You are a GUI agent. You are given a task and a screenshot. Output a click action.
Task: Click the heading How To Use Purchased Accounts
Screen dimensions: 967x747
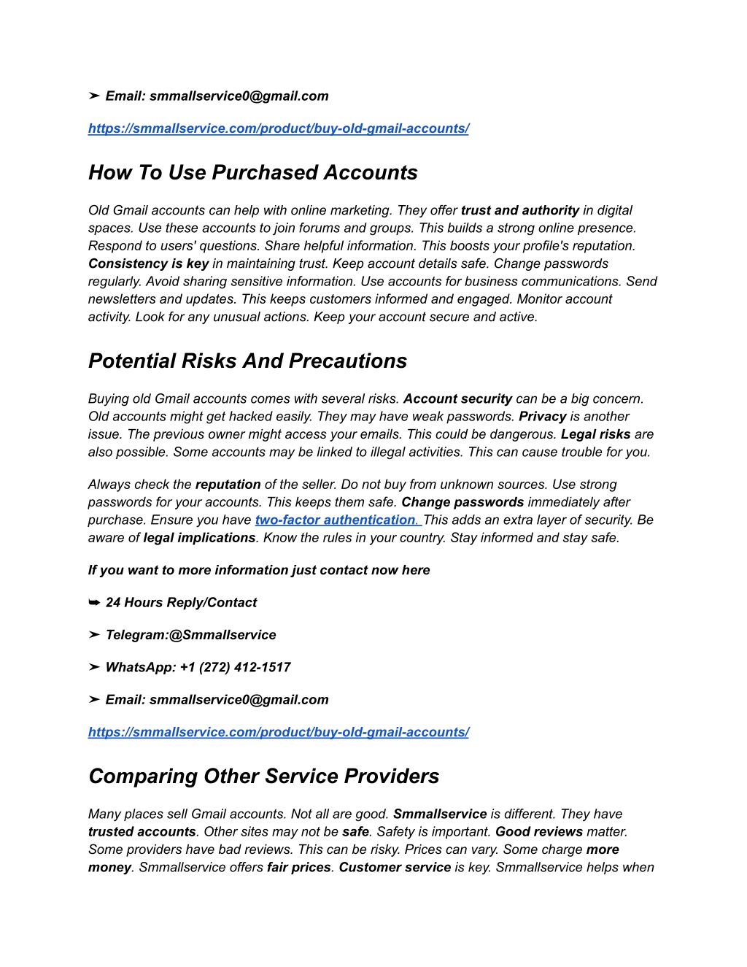tap(252, 173)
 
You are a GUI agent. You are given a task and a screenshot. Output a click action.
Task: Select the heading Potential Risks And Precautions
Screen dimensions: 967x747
tap(247, 361)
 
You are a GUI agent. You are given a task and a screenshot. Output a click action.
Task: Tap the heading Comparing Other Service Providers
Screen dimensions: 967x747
tap(263, 777)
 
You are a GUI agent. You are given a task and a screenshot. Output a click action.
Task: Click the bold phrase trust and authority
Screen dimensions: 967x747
tap(519, 210)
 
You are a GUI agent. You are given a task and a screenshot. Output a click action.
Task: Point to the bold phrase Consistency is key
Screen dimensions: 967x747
tap(148, 263)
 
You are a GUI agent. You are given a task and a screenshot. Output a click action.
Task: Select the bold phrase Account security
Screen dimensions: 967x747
tap(457, 398)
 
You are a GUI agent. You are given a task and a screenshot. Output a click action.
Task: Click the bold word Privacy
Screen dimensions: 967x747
tap(542, 417)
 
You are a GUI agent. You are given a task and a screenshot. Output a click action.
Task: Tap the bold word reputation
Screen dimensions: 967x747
tap(228, 485)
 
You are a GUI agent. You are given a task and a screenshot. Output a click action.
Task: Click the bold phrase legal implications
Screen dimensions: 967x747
tap(199, 538)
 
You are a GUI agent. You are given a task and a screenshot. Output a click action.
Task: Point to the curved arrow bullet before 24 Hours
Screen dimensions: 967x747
tap(94, 603)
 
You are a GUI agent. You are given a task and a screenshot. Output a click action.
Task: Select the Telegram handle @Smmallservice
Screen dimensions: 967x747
tap(222, 635)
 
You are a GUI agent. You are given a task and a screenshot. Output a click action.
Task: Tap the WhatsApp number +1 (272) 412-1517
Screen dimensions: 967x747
tap(235, 667)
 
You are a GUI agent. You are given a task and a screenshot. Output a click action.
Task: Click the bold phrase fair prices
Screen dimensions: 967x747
tap(298, 868)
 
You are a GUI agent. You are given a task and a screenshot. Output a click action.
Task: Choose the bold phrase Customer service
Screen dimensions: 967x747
tap(395, 868)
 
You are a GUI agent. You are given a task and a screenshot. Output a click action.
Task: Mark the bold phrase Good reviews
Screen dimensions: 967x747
tap(538, 832)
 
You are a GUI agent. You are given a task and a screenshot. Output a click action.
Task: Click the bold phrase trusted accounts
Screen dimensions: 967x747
tap(142, 832)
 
